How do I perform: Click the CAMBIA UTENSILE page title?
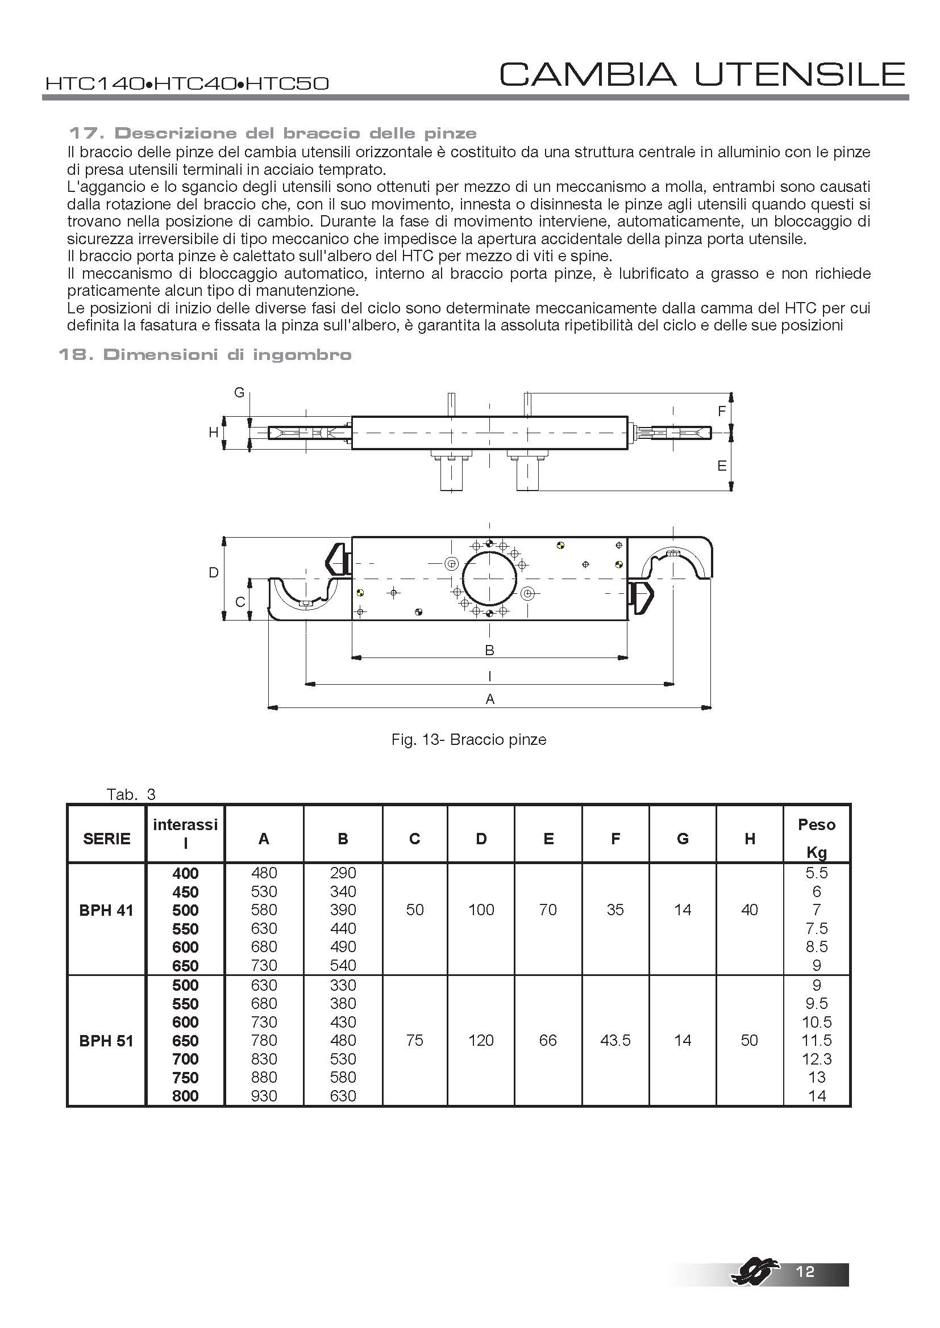(702, 74)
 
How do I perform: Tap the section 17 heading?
(272, 133)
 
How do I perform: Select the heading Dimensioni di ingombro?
(205, 354)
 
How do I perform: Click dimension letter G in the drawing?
(239, 393)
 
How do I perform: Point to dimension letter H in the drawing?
(214, 432)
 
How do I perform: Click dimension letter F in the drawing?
(721, 411)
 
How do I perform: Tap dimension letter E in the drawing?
(721, 466)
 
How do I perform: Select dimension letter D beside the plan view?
(214, 573)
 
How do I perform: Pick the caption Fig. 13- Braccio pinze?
(469, 740)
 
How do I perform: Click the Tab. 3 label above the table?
(131, 794)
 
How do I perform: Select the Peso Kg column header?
(816, 837)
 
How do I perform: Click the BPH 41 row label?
(106, 910)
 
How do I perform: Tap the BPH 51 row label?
(106, 1041)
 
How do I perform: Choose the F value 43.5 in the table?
(615, 1041)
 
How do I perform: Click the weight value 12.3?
(816, 1059)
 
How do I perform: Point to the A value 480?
(264, 873)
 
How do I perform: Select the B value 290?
(343, 873)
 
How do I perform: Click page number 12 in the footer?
(805, 1271)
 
